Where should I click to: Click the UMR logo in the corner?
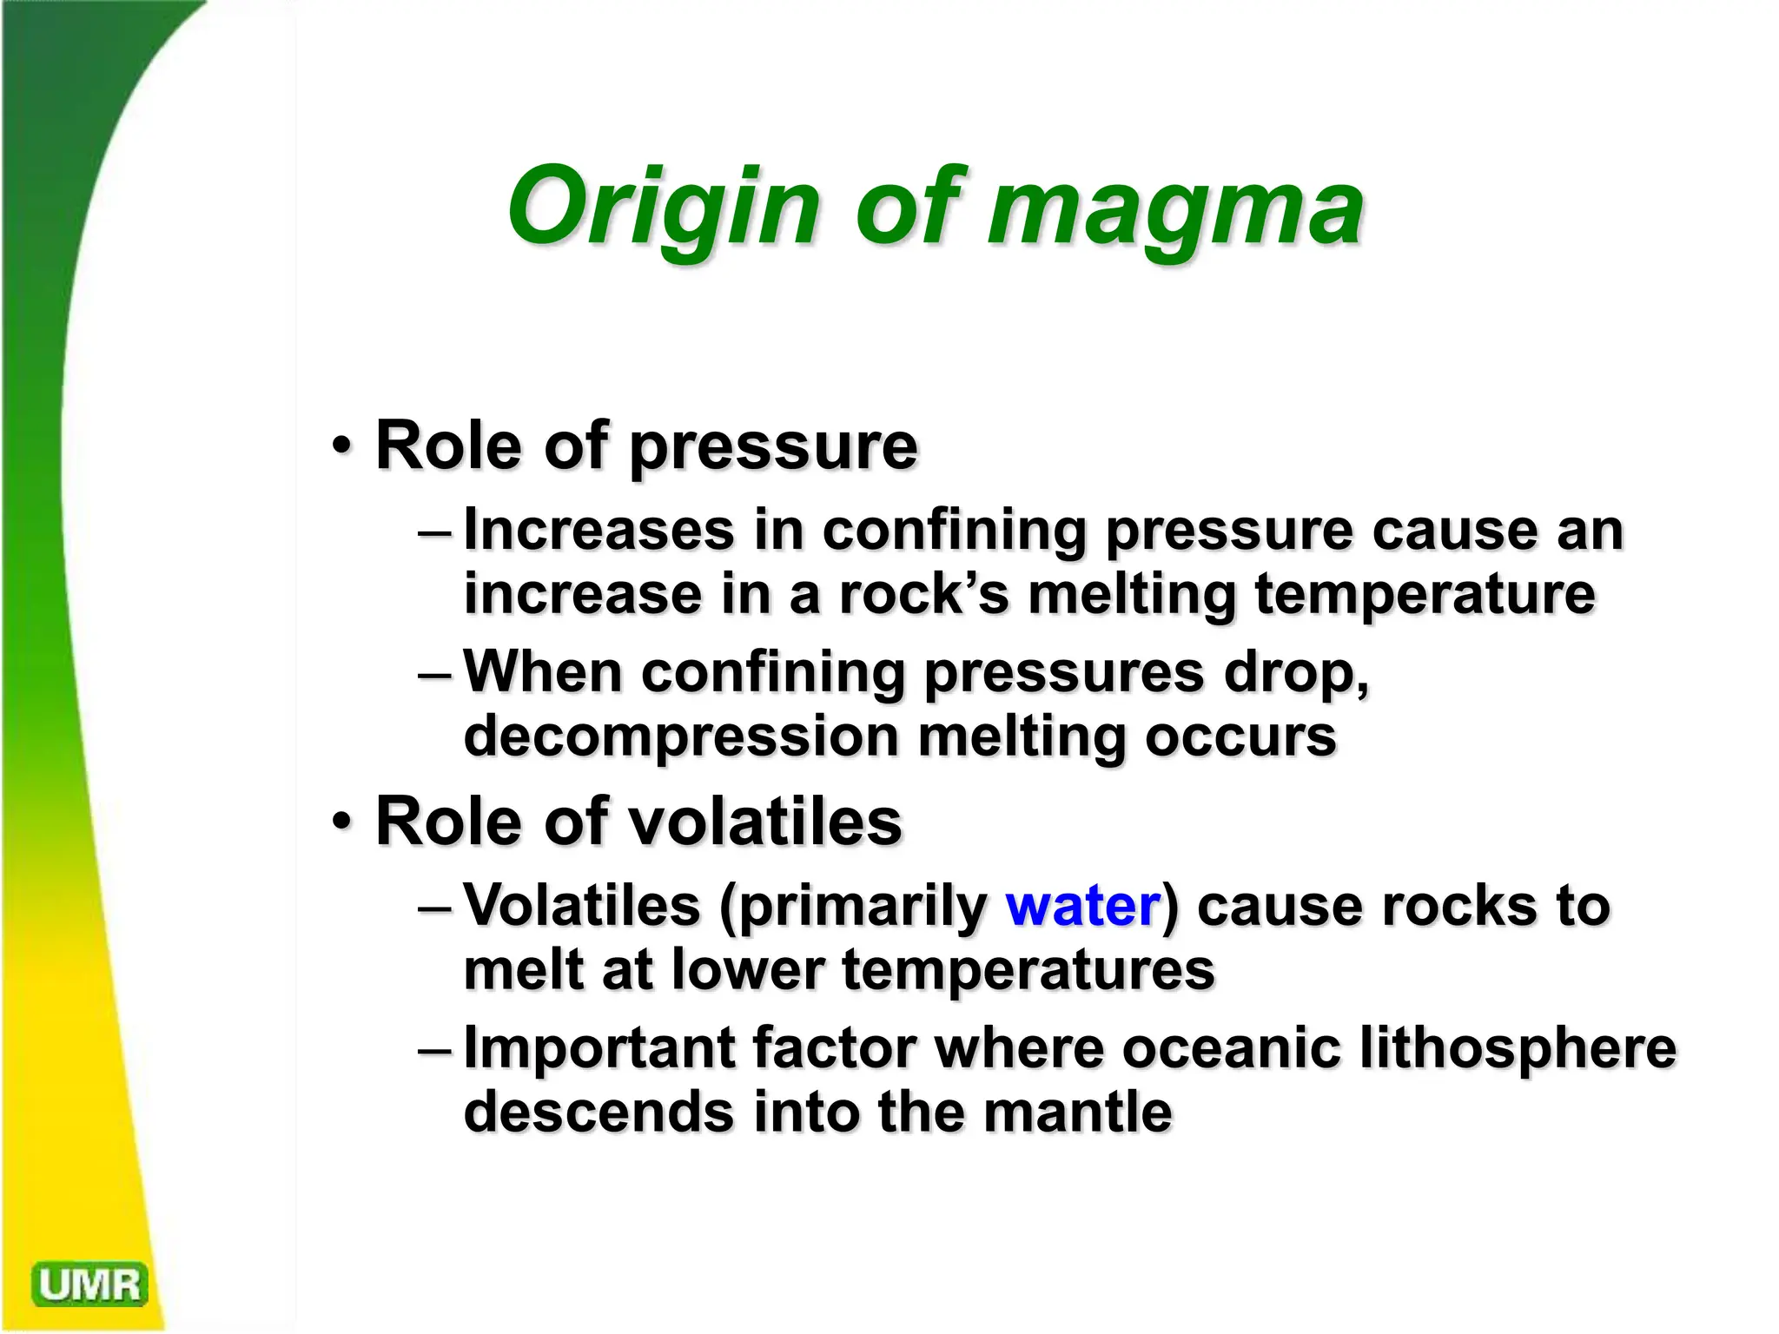89,1284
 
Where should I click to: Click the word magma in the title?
1174,208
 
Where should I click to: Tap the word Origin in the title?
664,208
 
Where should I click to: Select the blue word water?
1082,906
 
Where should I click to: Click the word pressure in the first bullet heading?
773,447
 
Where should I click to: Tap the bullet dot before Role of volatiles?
342,821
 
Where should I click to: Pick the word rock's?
923,594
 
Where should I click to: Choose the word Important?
599,1047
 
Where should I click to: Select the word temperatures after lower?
1028,970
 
